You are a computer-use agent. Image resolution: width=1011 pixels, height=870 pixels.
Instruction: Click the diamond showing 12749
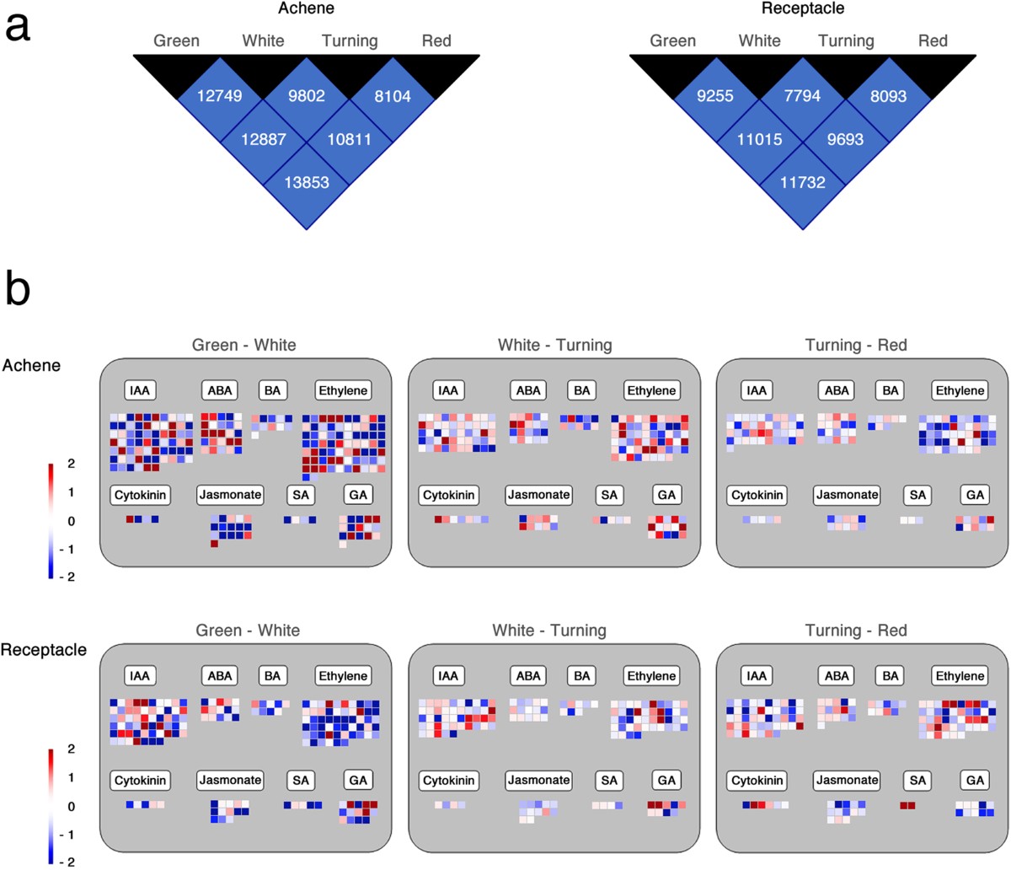pos(220,96)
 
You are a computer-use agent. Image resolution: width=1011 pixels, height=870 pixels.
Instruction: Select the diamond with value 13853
pos(306,182)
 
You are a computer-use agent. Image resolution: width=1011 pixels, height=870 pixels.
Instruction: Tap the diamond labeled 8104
pos(393,96)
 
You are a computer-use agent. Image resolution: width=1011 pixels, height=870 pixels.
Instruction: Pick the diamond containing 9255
pos(716,96)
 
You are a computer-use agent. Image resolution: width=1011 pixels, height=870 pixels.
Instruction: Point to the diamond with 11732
pos(802,182)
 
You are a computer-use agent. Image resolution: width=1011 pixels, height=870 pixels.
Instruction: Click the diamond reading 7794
pos(802,96)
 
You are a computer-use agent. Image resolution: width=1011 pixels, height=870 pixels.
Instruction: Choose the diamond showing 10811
pos(349,139)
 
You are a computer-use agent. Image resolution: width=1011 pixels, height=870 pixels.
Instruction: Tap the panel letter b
pos(18,288)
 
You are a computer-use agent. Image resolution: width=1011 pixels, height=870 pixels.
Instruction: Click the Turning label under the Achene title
pos(349,40)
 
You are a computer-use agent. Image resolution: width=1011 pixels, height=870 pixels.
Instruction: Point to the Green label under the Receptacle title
pos(672,40)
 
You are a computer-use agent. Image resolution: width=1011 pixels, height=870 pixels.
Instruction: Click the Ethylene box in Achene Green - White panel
pos(343,391)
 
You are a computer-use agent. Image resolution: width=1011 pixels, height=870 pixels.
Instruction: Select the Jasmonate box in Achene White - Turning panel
pos(538,495)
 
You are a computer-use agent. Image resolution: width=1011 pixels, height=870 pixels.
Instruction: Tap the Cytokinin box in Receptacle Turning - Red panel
pos(757,781)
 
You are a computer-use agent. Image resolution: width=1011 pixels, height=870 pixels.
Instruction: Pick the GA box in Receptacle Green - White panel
pos(358,781)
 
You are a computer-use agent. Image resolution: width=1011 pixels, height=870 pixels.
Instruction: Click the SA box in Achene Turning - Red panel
pos(917,495)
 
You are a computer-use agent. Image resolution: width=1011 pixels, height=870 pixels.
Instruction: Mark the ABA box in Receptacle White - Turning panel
pos(528,676)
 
